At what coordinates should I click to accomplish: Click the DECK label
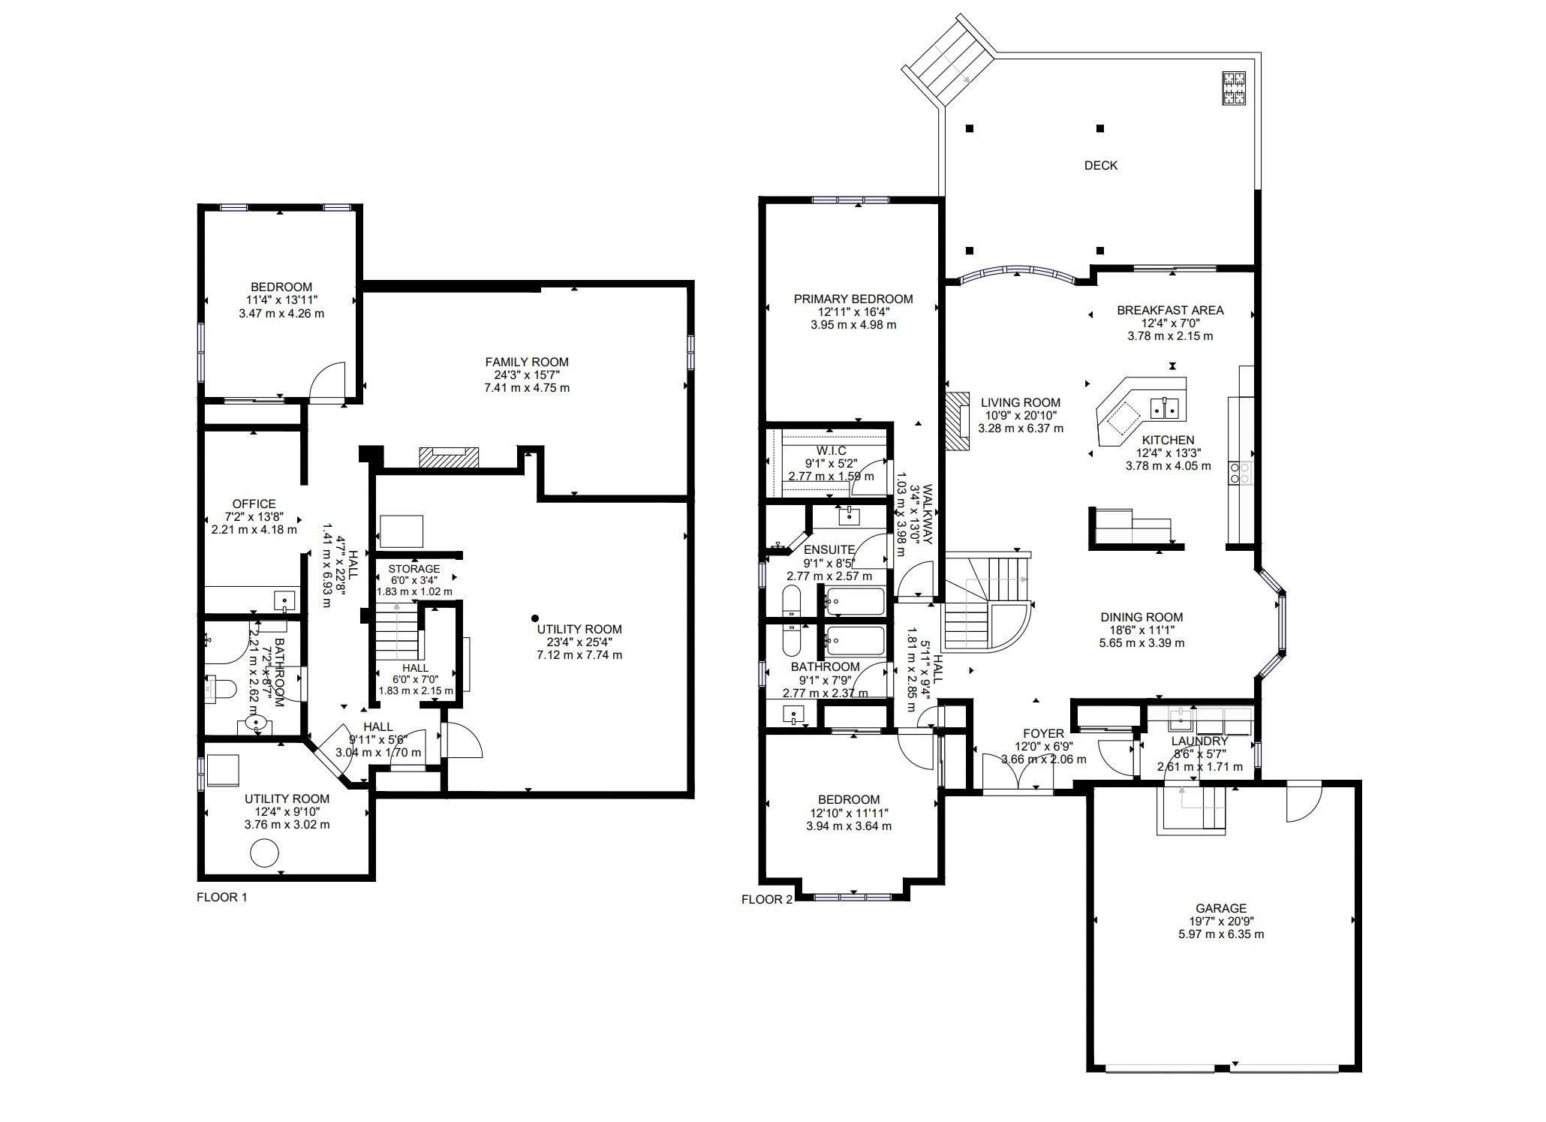[x=1100, y=165]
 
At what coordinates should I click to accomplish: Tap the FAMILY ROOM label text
[x=527, y=362]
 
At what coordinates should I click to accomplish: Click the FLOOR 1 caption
[x=221, y=897]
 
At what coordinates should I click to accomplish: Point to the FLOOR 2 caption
[x=766, y=900]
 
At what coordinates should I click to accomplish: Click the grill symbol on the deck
[x=1234, y=88]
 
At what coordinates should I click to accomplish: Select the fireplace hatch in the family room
[x=449, y=457]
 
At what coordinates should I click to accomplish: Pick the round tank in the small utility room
[x=264, y=853]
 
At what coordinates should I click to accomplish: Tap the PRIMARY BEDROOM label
[x=853, y=299]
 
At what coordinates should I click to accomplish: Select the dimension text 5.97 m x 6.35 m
[x=1221, y=934]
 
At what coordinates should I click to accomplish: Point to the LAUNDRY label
[x=1199, y=741]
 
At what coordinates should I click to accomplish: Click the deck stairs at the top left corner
[x=949, y=63]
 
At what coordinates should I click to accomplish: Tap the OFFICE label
[x=254, y=504]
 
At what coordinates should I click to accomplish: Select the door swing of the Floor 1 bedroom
[x=328, y=381]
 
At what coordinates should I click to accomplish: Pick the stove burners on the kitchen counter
[x=1239, y=472]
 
